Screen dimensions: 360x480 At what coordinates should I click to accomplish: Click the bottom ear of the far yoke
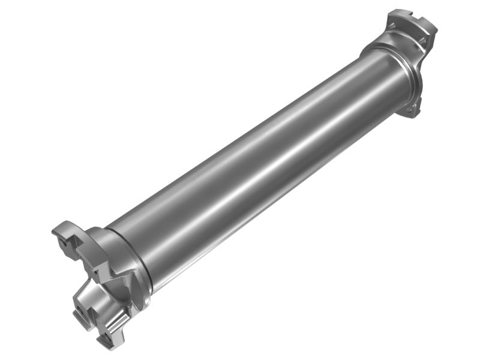412,108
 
